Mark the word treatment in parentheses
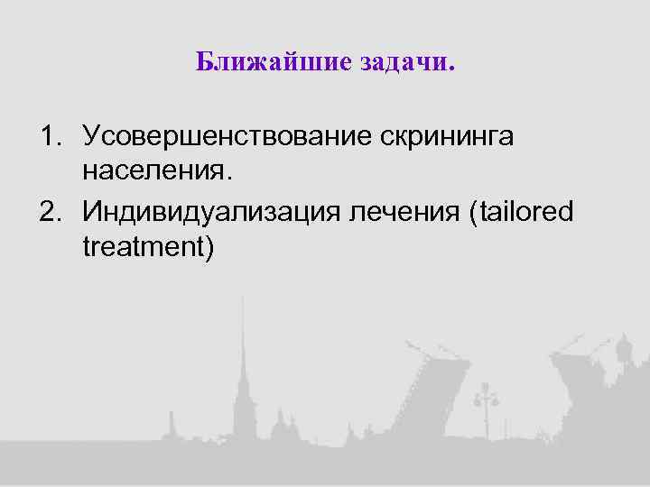click(143, 244)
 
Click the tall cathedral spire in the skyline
click(242, 361)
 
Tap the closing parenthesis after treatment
click(209, 245)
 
